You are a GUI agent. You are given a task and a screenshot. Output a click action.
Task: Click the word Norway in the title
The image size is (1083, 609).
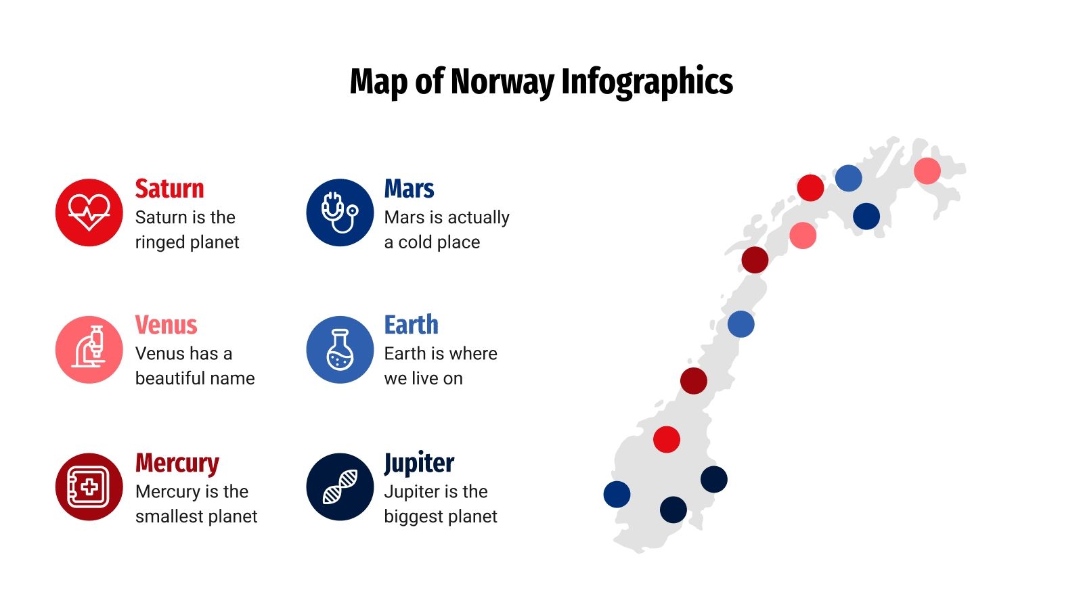tap(502, 82)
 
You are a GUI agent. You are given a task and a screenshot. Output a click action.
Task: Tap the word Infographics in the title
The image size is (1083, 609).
tap(646, 82)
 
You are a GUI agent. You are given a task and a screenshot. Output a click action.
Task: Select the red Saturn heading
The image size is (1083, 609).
tap(169, 189)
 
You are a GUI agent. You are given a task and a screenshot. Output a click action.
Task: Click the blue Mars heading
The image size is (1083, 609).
tap(409, 189)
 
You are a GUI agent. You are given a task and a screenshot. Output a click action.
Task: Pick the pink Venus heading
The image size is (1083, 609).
tap(166, 325)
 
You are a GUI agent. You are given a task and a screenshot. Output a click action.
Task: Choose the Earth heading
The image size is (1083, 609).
tap(411, 325)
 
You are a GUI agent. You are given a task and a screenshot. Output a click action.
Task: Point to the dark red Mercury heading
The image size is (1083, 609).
tap(177, 464)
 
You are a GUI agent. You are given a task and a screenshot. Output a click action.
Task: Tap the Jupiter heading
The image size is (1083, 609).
tap(419, 464)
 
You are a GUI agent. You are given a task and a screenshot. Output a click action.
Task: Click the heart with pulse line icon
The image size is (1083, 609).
tap(89, 212)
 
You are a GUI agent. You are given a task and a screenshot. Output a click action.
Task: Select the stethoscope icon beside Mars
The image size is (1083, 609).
tap(339, 212)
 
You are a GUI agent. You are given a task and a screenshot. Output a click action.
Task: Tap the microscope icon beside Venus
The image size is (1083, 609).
tap(89, 349)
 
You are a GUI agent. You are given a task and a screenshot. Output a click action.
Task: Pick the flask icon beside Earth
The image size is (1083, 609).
tap(339, 349)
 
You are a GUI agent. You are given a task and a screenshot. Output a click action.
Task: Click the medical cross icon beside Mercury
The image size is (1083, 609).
tap(89, 487)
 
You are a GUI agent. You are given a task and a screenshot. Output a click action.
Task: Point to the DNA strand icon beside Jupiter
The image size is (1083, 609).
tap(339, 487)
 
